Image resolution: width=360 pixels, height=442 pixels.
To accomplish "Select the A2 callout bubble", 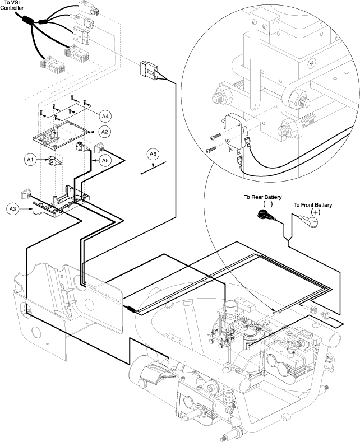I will click(104, 131).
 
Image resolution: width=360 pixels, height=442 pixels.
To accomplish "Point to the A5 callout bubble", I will click(105, 160).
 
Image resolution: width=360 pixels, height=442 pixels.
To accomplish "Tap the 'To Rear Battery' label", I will click(262, 197).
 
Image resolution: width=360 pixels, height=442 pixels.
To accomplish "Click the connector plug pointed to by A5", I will click(84, 148).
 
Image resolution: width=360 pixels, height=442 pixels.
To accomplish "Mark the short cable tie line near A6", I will click(153, 168).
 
